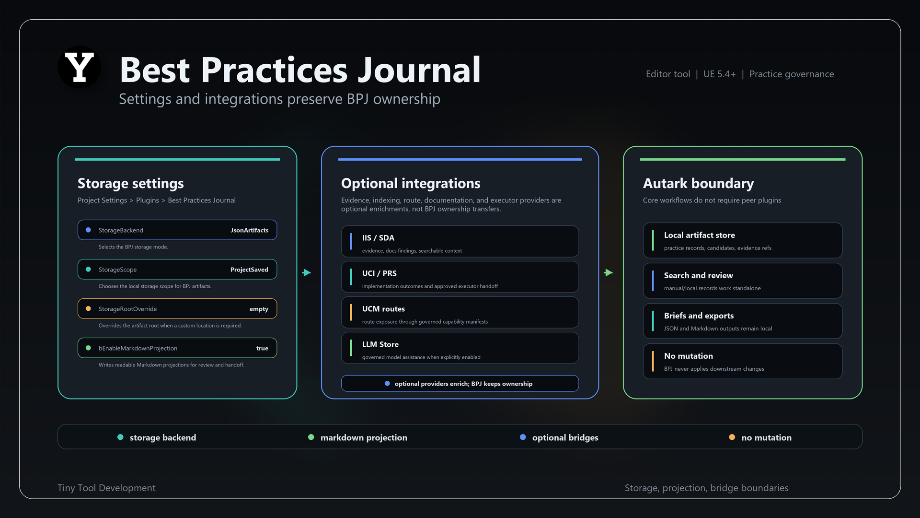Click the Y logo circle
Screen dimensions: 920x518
[80, 67]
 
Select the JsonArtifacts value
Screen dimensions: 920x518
[249, 230]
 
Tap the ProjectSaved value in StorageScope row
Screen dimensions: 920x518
[249, 270]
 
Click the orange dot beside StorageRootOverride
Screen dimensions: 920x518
[88, 309]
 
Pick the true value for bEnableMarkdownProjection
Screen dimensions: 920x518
[262, 348]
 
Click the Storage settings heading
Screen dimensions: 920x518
[131, 183]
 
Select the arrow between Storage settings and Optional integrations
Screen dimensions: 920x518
[307, 272]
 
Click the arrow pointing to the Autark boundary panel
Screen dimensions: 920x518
[609, 272]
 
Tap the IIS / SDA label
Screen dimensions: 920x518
[378, 238]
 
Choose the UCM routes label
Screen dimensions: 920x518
[383, 309]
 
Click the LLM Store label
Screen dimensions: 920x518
[380, 344]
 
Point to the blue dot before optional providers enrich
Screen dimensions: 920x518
[387, 384]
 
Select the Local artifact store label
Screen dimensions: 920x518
[700, 235]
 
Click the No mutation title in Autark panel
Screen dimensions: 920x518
[689, 356]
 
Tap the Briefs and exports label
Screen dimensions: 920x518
[699, 316]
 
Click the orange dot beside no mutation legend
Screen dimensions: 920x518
[732, 437]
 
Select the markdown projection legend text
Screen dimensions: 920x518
[364, 437]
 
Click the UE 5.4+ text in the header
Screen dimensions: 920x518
[719, 74]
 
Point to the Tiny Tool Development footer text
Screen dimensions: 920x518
[106, 488]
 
